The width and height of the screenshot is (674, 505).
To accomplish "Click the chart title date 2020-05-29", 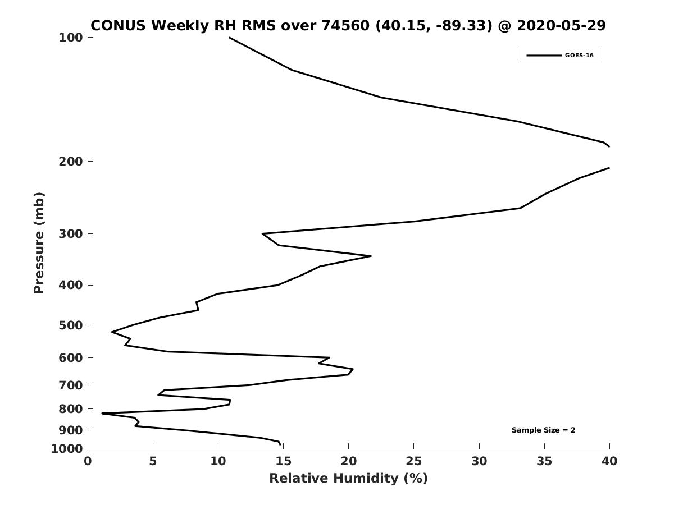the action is pos(561,25).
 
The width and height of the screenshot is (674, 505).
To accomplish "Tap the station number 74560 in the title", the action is pos(345,25).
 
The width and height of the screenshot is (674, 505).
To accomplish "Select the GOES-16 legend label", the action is pos(579,56).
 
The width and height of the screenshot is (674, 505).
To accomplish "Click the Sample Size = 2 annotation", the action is pos(543,430).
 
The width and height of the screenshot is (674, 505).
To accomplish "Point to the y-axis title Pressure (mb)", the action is pos(39,242).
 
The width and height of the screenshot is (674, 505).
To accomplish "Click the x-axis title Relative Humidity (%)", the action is pos(348,478).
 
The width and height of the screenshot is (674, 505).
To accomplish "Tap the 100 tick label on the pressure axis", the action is pos(71,38).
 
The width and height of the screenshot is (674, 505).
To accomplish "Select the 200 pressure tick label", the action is pos(71,161).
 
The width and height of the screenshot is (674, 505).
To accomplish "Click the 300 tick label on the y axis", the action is pos(71,233).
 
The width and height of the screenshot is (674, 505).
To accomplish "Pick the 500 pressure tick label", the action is pos(71,325).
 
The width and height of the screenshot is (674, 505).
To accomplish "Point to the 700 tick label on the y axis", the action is pos(71,385).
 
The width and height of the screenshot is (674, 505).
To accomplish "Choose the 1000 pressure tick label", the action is pos(67,449).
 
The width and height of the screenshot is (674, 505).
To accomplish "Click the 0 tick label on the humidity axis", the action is pos(88,461).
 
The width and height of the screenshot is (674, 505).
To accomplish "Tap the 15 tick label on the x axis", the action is pos(284,461).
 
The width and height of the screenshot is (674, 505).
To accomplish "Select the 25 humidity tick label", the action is pos(414,461).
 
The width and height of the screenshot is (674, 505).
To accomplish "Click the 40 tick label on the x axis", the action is pos(609,461).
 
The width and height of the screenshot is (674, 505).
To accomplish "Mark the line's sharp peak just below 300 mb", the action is pos(371,256).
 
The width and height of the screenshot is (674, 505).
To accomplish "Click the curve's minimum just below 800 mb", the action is pos(102,414).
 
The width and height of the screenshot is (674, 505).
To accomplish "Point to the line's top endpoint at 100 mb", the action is pos(229,38).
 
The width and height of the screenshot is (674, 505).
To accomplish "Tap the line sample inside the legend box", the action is pos(544,56).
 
